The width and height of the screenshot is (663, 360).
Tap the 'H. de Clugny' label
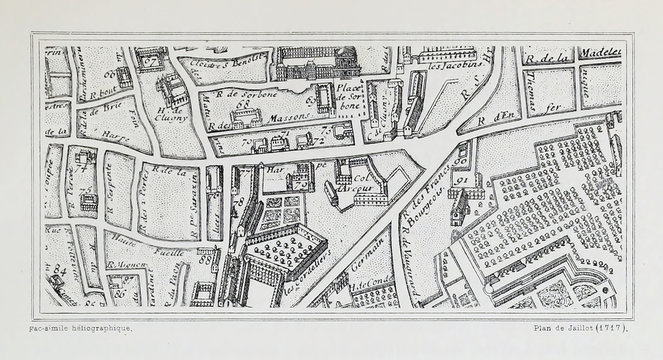(x=165, y=114)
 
